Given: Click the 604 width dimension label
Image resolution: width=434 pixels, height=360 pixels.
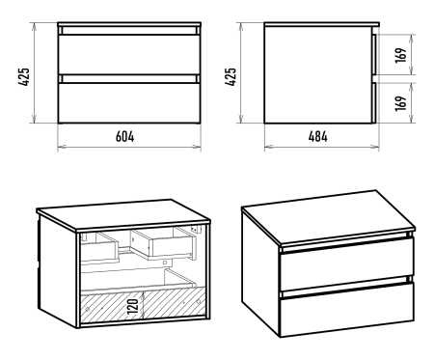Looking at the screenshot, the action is [x=124, y=136].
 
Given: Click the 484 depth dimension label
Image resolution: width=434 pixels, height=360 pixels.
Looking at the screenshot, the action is [x=318, y=136].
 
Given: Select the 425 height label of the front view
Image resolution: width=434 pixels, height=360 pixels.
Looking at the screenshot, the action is [x=24, y=76].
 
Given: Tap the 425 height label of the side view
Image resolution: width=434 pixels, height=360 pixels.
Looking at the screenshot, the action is [x=231, y=76].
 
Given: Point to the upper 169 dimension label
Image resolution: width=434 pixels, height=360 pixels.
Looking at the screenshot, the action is [x=401, y=55].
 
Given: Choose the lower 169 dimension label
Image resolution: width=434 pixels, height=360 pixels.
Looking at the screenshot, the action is [x=401, y=103].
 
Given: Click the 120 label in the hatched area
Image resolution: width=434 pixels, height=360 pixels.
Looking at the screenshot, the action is [x=133, y=306].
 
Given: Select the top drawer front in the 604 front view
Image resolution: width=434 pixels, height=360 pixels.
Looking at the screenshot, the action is [x=129, y=54].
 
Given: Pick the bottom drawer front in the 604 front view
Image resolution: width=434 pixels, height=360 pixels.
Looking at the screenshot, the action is [x=129, y=103].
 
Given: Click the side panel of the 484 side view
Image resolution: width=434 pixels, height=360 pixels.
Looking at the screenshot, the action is [x=317, y=74].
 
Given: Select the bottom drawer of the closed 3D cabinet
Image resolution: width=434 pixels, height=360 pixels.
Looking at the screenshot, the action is [x=346, y=309].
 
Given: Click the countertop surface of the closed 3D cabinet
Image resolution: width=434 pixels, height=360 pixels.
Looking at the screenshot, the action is [x=328, y=215].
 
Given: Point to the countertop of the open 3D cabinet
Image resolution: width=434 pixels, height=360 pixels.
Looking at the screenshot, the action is [x=123, y=214].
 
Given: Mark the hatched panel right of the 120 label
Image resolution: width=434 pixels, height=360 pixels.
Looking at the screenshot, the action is [x=174, y=302].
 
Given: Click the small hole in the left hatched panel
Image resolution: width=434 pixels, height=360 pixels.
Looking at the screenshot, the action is [x=88, y=310].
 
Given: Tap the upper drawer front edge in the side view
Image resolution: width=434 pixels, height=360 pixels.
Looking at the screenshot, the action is [x=374, y=54].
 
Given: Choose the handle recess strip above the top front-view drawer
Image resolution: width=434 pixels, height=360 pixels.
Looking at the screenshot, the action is [x=129, y=31].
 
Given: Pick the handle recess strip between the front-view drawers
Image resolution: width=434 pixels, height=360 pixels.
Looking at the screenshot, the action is [x=129, y=79].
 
